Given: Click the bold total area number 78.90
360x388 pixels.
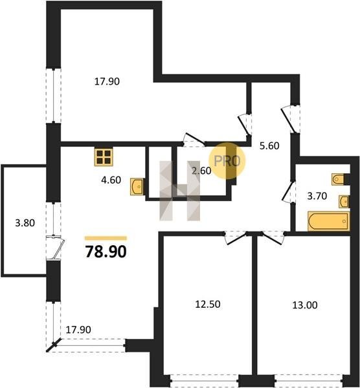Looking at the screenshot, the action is [x=106, y=252].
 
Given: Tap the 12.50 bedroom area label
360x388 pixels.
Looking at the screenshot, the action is [x=208, y=304].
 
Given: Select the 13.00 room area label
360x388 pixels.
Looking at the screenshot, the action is [x=305, y=305].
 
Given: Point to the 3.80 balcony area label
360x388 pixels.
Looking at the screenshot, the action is [x=25, y=223].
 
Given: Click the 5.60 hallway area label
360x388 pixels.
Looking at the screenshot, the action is [x=269, y=145].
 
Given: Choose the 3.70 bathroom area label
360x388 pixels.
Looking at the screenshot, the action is [x=317, y=196].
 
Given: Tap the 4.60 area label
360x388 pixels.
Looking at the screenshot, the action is [x=111, y=180].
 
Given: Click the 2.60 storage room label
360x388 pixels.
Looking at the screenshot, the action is [x=201, y=171].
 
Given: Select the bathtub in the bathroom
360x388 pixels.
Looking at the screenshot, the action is [x=328, y=221].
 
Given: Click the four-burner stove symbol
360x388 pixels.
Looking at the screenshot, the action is [x=104, y=157].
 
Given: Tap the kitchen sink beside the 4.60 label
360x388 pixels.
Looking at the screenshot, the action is [x=137, y=187].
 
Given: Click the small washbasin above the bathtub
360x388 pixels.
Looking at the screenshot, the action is [x=344, y=202].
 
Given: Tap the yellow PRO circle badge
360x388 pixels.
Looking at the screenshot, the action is [x=227, y=161].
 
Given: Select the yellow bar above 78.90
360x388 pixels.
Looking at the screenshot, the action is [x=106, y=238].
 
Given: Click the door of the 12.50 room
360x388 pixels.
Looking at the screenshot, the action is [x=236, y=238].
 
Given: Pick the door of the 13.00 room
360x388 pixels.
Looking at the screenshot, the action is [x=272, y=238].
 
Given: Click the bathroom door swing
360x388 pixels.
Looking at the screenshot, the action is [x=289, y=192].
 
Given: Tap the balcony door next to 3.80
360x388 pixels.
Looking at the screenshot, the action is [x=57, y=248].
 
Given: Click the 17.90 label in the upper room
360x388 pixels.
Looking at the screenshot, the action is [x=107, y=81].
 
